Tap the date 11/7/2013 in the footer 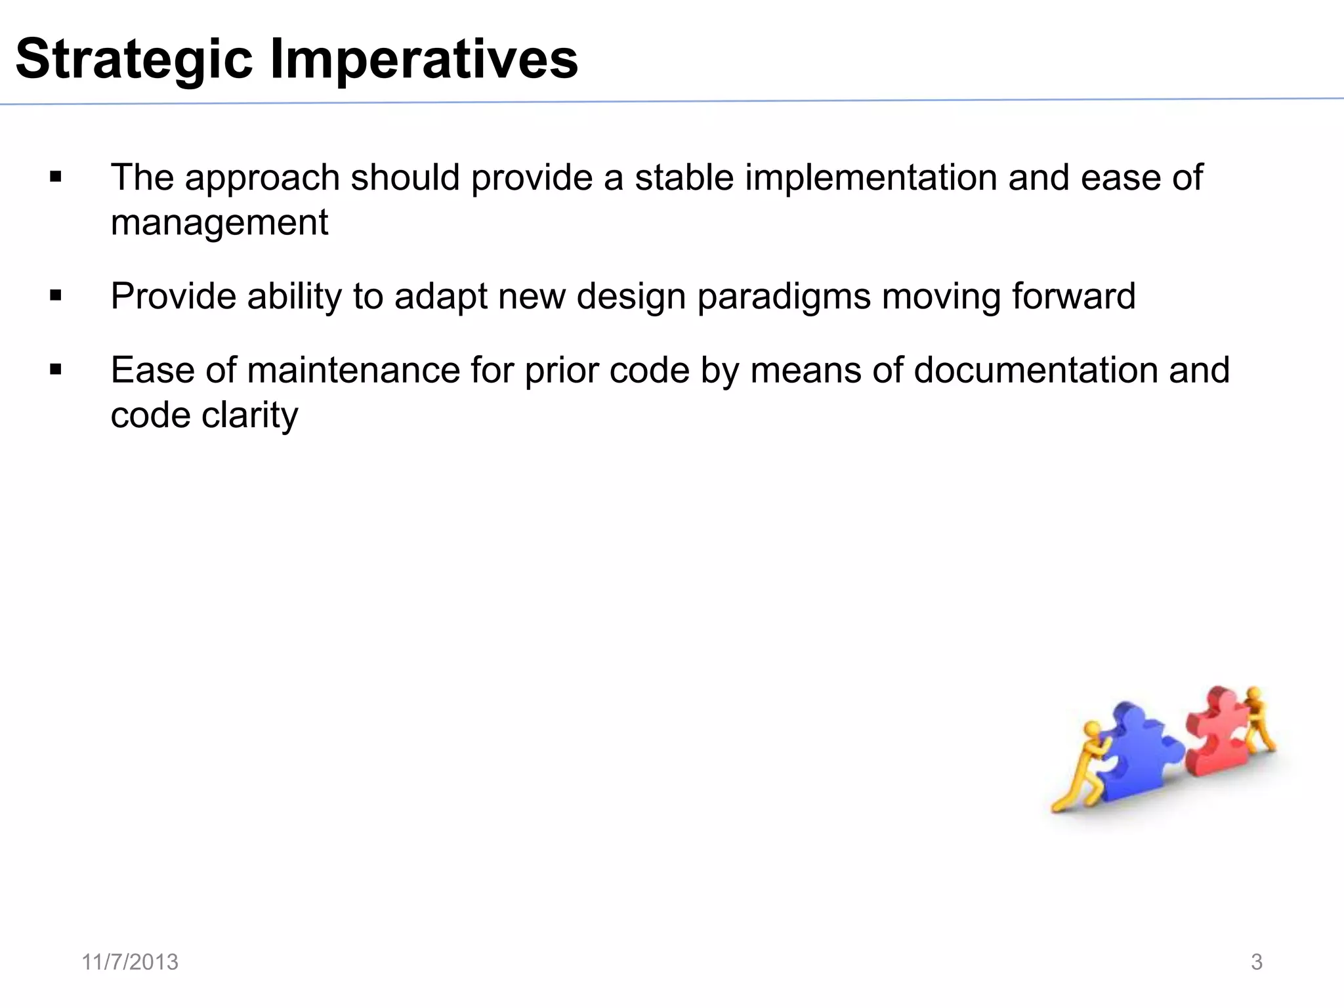click(130, 962)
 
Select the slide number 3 click(1256, 962)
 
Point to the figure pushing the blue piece click(1083, 768)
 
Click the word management click(219, 222)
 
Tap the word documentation click(1036, 370)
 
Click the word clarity click(250, 415)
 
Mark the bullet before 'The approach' click(56, 177)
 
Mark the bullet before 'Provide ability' click(56, 296)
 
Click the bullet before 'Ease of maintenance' click(56, 370)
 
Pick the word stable click(683, 178)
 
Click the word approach click(262, 178)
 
